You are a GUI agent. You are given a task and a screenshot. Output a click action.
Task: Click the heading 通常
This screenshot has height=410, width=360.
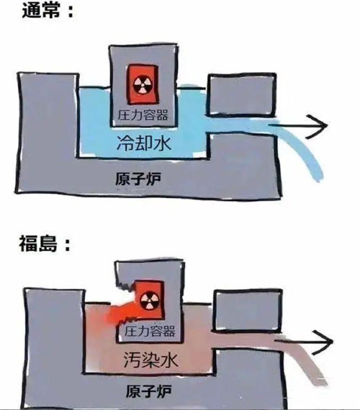41,11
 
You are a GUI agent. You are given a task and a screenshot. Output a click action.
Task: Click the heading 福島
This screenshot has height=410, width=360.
38,244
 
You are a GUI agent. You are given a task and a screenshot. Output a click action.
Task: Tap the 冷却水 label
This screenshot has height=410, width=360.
144,143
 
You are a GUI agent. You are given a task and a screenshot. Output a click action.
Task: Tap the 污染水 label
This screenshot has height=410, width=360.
150,360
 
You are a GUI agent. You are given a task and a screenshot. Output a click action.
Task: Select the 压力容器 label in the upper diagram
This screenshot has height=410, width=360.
143,115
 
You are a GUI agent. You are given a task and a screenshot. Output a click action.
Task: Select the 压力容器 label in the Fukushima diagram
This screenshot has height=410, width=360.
150,331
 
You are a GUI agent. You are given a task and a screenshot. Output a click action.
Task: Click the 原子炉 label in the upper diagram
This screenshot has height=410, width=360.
138,179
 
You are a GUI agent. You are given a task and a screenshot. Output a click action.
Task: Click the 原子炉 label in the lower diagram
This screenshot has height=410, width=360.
149,391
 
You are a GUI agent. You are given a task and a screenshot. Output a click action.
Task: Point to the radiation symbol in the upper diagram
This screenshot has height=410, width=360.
142,85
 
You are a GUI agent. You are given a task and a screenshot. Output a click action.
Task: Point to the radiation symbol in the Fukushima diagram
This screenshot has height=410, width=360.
149,300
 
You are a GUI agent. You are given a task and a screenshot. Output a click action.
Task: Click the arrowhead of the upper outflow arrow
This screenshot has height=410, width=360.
317,126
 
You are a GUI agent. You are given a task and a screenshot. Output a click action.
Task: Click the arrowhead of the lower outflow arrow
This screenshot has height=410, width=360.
323,342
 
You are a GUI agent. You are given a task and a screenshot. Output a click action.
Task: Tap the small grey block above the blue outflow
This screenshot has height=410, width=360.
242,95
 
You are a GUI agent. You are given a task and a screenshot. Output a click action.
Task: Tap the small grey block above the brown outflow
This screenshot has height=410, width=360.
248,311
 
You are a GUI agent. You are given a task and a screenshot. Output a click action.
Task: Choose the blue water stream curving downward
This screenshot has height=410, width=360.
303,146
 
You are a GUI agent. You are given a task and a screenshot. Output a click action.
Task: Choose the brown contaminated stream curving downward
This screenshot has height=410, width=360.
308,361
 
